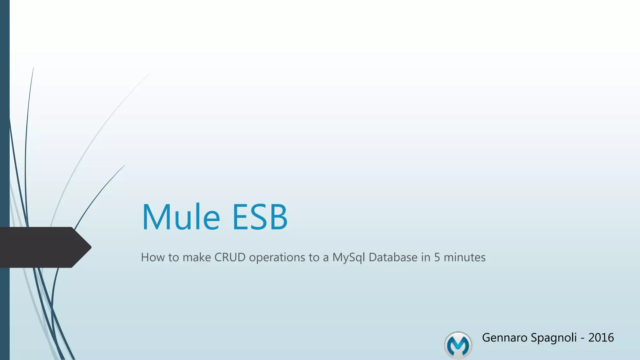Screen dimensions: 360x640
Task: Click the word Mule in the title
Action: tap(181, 217)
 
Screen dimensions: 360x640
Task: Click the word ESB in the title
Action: tap(259, 217)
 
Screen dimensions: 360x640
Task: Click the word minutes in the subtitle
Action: tap(465, 257)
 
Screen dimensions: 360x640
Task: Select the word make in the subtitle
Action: tap(197, 257)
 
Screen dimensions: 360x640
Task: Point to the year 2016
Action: tap(601, 337)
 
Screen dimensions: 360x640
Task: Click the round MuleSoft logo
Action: tap(458, 345)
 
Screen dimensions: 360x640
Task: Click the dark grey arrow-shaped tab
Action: tap(41, 247)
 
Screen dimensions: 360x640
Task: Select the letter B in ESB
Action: tap(277, 217)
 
